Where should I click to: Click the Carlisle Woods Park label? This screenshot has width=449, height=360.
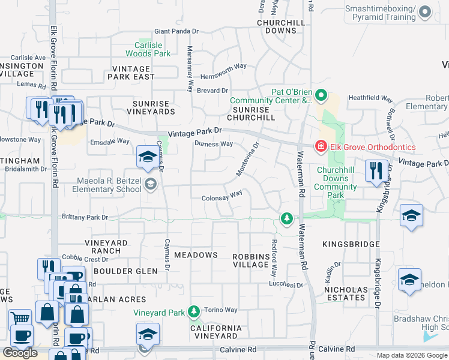pos(152,49)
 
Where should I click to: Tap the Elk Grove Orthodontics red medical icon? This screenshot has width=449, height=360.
pos(321,146)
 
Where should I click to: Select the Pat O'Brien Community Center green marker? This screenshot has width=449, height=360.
pos(321,95)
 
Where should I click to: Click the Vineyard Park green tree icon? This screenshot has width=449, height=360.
pos(193,310)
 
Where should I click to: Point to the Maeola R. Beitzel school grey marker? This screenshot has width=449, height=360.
pos(151,184)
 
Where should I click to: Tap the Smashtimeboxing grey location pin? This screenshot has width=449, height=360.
pos(425,12)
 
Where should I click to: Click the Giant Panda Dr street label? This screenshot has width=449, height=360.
pos(176,31)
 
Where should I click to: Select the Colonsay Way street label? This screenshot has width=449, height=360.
pos(222,196)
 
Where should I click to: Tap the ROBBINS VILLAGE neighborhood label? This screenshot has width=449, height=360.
pos(250,260)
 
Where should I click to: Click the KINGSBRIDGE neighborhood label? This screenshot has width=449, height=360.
pos(351,244)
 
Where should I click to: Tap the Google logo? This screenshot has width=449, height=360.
pos(20,353)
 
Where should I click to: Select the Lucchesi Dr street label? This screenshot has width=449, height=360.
pos(286,284)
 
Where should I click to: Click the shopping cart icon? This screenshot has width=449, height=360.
pos(20,319)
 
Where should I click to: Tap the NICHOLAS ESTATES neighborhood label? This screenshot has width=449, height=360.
pos(345,293)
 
